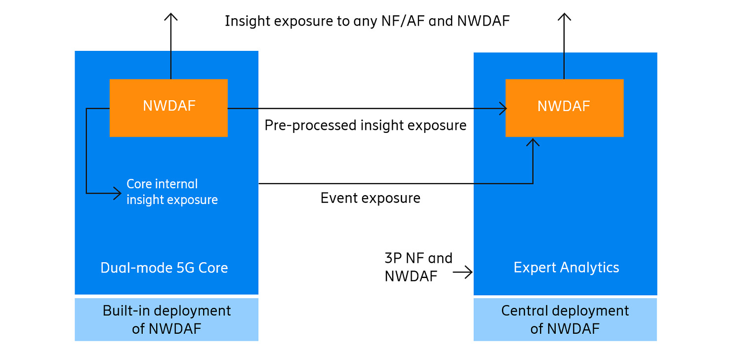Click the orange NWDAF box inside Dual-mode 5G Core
click(168, 107)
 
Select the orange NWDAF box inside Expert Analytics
click(564, 107)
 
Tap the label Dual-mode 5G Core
click(164, 268)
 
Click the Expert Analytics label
click(566, 268)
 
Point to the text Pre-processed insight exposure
click(365, 125)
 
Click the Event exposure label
click(370, 198)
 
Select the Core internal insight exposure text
click(172, 192)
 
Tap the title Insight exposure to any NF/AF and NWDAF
click(367, 21)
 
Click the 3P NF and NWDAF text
click(418, 267)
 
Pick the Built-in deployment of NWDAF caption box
click(166, 320)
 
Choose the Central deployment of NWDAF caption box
click(565, 320)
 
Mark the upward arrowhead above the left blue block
click(171, 17)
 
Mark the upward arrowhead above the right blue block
click(564, 17)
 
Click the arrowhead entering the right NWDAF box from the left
click(503, 109)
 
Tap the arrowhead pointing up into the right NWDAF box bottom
click(533, 142)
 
